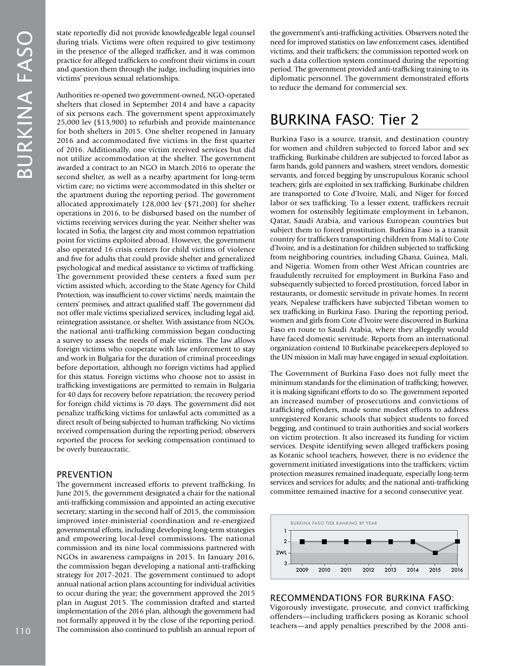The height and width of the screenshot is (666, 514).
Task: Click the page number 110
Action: click(x=23, y=631)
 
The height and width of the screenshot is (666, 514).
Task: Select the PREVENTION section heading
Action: click(x=85, y=474)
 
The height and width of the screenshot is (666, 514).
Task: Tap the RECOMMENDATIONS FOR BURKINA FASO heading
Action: click(x=361, y=598)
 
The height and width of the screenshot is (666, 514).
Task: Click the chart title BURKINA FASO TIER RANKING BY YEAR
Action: click(x=334, y=523)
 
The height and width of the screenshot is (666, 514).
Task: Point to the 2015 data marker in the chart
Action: click(x=435, y=553)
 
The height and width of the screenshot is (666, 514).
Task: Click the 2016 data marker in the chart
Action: click(x=457, y=541)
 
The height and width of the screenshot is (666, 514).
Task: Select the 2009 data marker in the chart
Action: click(x=302, y=541)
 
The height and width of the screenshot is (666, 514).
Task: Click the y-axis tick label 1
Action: click(x=286, y=531)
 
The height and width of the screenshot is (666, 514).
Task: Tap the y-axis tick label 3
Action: click(x=286, y=564)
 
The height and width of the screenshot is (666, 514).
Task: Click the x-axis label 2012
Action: click(x=368, y=570)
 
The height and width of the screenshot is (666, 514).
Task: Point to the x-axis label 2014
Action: click(x=413, y=570)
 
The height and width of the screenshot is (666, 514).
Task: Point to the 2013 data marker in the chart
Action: click(x=391, y=541)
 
